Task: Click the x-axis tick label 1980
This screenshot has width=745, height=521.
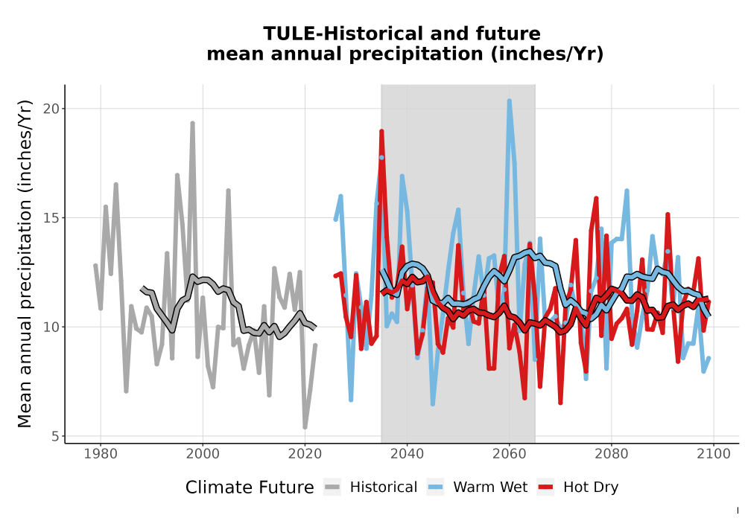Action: click(x=101, y=454)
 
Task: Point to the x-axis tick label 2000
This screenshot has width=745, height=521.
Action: click(x=203, y=454)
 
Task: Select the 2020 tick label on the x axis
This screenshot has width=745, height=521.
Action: click(x=305, y=454)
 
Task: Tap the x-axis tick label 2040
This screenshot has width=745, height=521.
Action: click(x=408, y=454)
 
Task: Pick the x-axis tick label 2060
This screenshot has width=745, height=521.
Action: click(x=510, y=454)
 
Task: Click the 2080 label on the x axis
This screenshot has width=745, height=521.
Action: click(x=612, y=454)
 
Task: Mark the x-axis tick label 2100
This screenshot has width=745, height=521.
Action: click(x=714, y=454)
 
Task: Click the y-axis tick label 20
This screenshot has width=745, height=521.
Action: click(x=52, y=109)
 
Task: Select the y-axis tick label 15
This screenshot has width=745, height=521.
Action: click(x=52, y=218)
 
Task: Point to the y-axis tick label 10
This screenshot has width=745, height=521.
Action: click(x=52, y=327)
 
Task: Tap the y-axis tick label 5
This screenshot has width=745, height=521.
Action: click(x=56, y=436)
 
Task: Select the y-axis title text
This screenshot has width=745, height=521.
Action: click(x=25, y=263)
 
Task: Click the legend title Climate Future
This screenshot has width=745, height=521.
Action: click(x=250, y=488)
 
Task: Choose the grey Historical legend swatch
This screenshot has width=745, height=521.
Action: click(x=332, y=487)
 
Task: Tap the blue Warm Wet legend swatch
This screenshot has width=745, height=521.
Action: click(x=435, y=487)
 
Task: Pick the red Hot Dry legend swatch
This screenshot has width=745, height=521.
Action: click(x=546, y=487)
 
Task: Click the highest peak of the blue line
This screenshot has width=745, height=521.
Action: click(x=509, y=100)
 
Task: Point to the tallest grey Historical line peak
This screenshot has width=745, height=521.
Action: click(x=192, y=124)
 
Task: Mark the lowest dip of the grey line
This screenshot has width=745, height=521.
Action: click(x=305, y=427)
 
